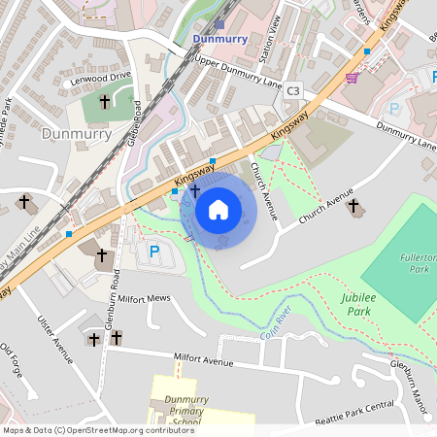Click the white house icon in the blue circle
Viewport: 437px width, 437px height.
pyautogui.click(x=218, y=209)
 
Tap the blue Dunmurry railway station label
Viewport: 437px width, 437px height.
pyautogui.click(x=221, y=40)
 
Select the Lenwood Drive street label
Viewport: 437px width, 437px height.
pyautogui.click(x=100, y=78)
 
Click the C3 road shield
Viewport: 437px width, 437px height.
pyautogui.click(x=294, y=90)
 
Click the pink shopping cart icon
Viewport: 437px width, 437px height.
pyautogui.click(x=351, y=78)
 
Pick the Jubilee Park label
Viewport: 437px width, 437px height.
pyautogui.click(x=357, y=303)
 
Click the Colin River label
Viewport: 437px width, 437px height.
pyautogui.click(x=276, y=327)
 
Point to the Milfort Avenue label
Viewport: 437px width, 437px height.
pyautogui.click(x=204, y=361)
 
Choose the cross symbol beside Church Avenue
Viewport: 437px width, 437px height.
pyautogui.click(x=353, y=207)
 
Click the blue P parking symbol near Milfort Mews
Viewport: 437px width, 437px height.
pyautogui.click(x=153, y=252)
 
